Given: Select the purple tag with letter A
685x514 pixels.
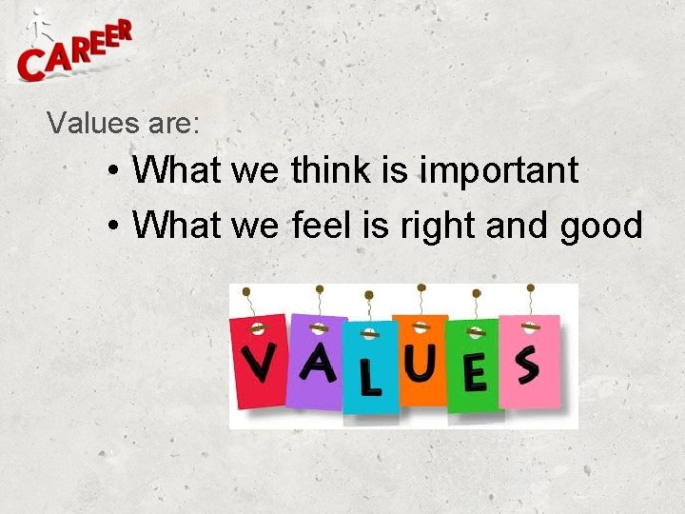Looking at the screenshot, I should [318, 360].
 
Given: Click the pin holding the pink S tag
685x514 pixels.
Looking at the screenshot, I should [530, 287].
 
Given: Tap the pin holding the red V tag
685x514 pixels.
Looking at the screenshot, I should [246, 291].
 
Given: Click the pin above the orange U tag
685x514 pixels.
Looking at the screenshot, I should [421, 287].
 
